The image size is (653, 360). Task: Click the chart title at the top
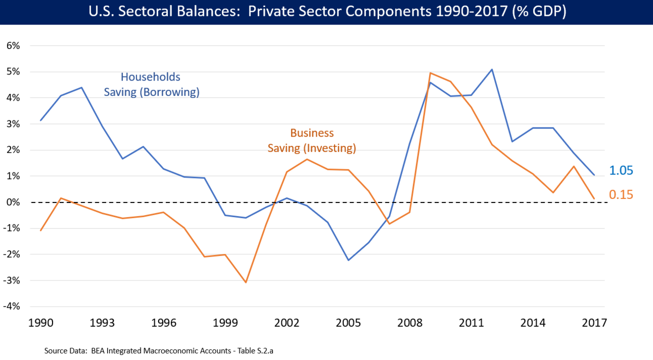326,12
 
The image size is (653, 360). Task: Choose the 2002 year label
286,323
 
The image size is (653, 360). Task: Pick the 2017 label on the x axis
594,323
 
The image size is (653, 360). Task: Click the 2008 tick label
409,323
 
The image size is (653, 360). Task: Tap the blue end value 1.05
621,171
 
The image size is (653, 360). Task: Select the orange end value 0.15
621,194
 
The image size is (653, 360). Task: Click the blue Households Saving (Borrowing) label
151,85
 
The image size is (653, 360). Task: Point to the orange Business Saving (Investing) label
312,141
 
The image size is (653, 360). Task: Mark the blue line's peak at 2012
492,69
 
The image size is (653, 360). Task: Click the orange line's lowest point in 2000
245,282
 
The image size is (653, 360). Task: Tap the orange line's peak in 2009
430,73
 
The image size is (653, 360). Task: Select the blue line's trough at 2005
348,260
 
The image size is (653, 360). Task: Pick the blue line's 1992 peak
81,88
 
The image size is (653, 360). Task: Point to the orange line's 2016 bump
573,166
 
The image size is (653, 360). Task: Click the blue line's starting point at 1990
40,120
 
